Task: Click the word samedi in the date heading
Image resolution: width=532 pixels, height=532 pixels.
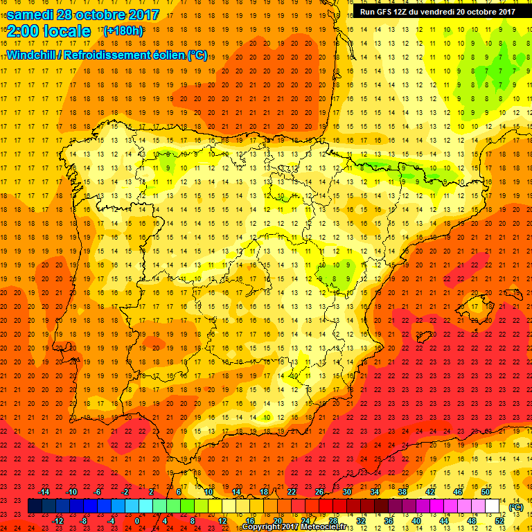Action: [x=31, y=15]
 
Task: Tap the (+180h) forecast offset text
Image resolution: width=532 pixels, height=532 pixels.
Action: [x=124, y=31]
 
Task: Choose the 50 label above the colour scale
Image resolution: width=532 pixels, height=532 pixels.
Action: [x=486, y=492]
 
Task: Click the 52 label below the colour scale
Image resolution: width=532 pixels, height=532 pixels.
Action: [x=499, y=521]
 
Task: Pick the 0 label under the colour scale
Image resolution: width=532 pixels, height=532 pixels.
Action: [x=137, y=521]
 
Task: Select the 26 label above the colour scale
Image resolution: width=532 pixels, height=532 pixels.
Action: [x=319, y=492]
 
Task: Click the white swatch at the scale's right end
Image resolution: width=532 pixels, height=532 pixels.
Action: [x=493, y=506]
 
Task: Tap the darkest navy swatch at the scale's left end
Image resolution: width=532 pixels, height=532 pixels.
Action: [x=35, y=506]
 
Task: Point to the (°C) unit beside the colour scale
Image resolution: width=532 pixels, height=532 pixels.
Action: [x=515, y=507]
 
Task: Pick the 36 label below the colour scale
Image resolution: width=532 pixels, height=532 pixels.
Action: [x=389, y=521]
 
